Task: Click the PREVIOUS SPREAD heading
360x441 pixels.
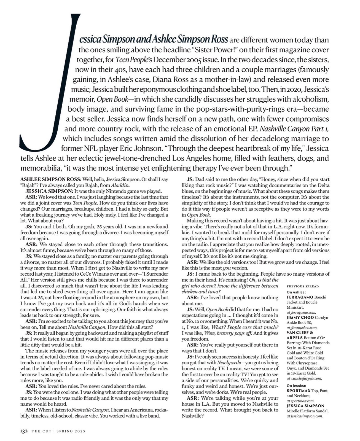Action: (x=303, y=286)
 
